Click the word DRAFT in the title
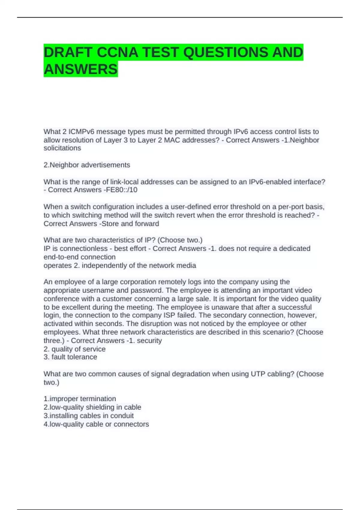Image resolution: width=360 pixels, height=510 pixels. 68,52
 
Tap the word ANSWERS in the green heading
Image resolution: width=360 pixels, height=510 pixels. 80,69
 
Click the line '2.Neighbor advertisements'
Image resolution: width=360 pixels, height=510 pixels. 87,165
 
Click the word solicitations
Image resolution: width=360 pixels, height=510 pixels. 62,148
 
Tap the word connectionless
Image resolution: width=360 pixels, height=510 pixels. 79,249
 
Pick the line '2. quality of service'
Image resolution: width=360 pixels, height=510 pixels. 74,349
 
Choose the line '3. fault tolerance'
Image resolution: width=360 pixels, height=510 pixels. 70,357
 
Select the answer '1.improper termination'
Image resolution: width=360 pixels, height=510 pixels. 79,399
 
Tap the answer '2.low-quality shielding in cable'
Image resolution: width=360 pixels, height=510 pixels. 92,407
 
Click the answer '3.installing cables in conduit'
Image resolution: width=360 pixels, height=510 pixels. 88,416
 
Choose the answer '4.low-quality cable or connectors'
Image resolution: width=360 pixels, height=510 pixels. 96,424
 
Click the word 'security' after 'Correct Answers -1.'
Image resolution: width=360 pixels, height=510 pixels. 149,341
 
